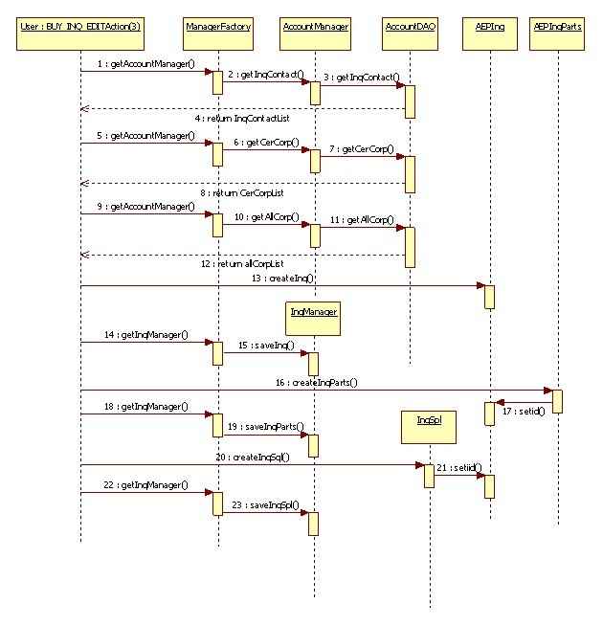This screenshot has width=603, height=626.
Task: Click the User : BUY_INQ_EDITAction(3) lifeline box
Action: click(x=79, y=27)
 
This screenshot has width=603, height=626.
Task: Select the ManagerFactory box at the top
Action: click(x=218, y=27)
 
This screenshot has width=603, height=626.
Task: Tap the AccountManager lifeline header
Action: click(x=315, y=27)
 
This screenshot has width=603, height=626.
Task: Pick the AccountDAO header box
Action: click(x=410, y=27)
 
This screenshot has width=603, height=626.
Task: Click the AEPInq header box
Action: click(x=489, y=27)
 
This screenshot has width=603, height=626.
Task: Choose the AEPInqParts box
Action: click(x=558, y=27)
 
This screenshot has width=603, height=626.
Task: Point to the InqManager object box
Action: click(x=314, y=312)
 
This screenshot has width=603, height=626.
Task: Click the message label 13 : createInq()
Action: click(x=283, y=278)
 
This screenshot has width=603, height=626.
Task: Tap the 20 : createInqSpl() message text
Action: click(x=253, y=458)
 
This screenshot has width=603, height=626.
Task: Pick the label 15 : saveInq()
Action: click(x=266, y=345)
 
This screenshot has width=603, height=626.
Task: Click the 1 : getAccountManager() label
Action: click(x=145, y=63)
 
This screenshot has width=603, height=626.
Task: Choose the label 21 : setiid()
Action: click(x=458, y=467)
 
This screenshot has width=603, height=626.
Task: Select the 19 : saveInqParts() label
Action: click(x=266, y=426)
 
